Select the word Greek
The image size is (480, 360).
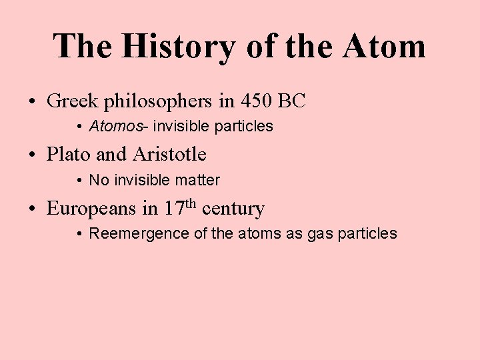click(x=73, y=101)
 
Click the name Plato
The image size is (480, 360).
click(x=69, y=155)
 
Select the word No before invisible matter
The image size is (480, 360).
click(x=98, y=180)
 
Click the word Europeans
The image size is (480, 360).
click(x=92, y=209)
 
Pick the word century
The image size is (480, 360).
click(x=233, y=209)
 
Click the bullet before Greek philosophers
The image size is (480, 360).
click(x=33, y=102)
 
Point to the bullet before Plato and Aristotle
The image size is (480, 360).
click(x=33, y=155)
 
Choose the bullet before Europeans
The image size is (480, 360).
click(x=33, y=209)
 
